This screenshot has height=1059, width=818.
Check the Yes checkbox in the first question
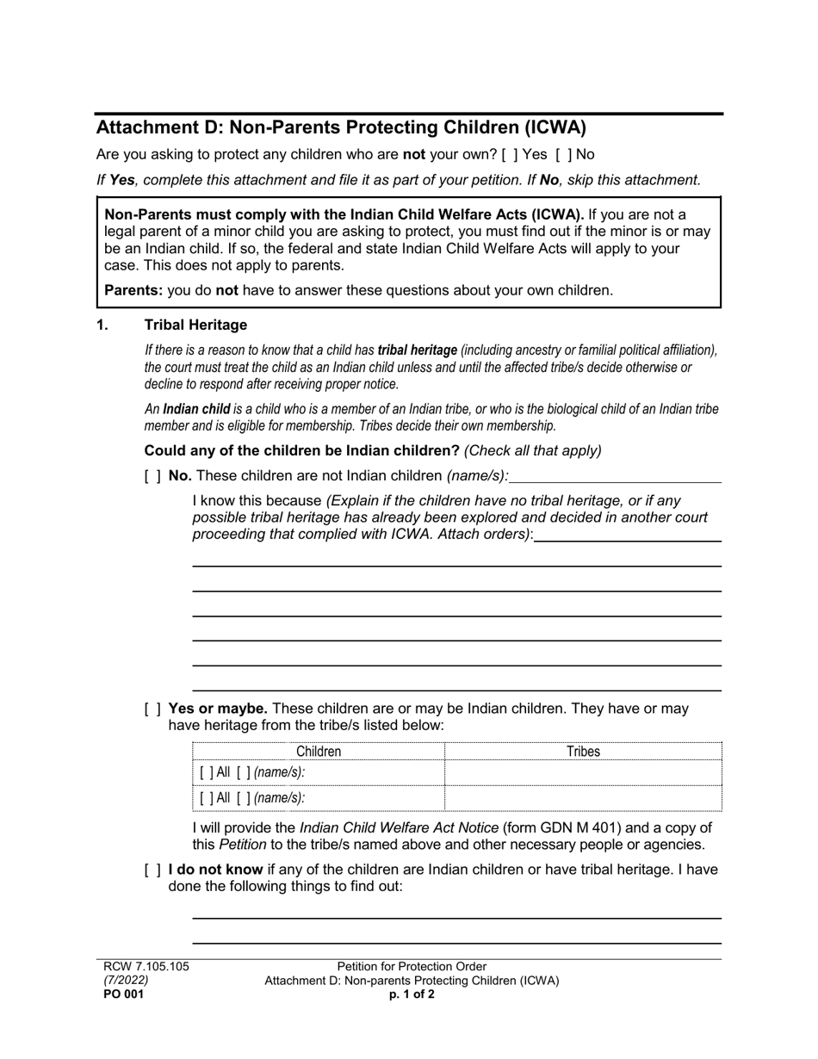(x=508, y=155)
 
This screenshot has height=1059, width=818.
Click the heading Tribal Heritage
(x=195, y=325)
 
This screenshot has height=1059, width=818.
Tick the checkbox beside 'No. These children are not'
(x=152, y=475)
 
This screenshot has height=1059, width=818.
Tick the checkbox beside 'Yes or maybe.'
(x=152, y=709)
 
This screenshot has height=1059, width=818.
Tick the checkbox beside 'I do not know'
(x=152, y=870)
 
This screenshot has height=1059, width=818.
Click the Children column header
(x=319, y=752)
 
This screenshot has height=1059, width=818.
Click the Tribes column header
(x=583, y=752)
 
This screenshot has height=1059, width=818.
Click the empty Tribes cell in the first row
(x=583, y=773)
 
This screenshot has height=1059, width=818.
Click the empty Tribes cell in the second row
(x=583, y=798)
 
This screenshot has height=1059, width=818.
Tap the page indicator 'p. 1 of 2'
(x=412, y=994)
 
